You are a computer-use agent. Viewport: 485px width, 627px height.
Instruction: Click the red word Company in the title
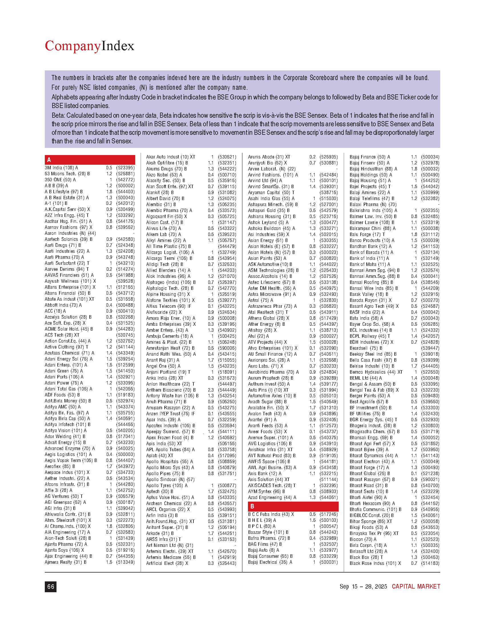(x=73, y=46)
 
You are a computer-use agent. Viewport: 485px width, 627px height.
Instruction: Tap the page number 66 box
(x=50, y=587)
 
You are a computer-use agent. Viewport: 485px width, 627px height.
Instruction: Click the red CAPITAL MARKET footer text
(x=416, y=586)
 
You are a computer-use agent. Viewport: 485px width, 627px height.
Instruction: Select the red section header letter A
(x=49, y=160)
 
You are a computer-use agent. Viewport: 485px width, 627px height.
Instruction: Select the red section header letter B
(x=252, y=506)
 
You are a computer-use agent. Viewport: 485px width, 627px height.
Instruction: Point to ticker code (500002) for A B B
(x=125, y=186)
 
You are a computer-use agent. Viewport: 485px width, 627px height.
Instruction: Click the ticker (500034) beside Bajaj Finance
(x=430, y=157)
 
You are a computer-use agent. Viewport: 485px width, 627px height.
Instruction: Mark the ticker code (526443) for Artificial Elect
(x=227, y=563)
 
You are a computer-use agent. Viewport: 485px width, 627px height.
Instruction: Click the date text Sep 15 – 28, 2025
(x=363, y=586)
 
